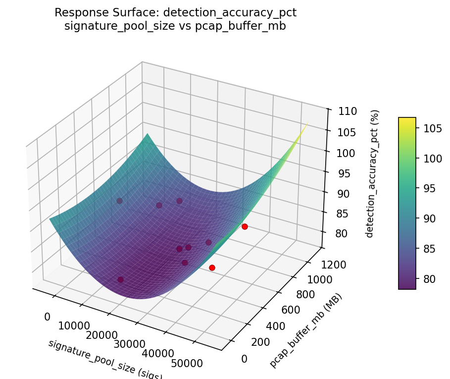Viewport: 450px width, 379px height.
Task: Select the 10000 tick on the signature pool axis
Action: [x=74, y=325]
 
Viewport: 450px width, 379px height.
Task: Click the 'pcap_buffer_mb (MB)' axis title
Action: [x=306, y=330]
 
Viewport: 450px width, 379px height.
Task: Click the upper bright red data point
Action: [x=245, y=226]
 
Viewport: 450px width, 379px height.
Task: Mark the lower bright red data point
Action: [x=212, y=268]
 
